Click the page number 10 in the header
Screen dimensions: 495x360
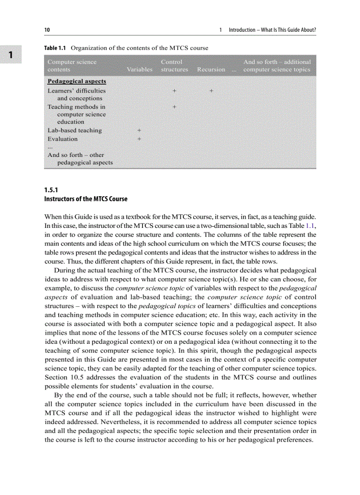(x=47, y=30)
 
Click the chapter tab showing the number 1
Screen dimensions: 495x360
(x=11, y=54)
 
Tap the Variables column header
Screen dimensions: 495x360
(x=139, y=69)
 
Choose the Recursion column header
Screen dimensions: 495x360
(x=211, y=69)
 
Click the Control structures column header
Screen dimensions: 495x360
(x=174, y=66)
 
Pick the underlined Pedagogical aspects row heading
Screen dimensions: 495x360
(x=77, y=82)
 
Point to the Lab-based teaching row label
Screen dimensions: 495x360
(x=75, y=130)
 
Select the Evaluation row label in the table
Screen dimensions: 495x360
(x=63, y=139)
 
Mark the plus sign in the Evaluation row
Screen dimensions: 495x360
(x=139, y=139)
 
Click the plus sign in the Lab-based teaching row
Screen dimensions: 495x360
(x=139, y=130)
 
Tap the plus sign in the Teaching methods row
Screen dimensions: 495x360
(x=175, y=107)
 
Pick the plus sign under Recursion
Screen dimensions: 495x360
(x=211, y=91)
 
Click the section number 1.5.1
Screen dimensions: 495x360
(x=51, y=190)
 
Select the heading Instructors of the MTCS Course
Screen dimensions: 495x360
(x=86, y=199)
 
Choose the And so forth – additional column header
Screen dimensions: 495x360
(x=277, y=66)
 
